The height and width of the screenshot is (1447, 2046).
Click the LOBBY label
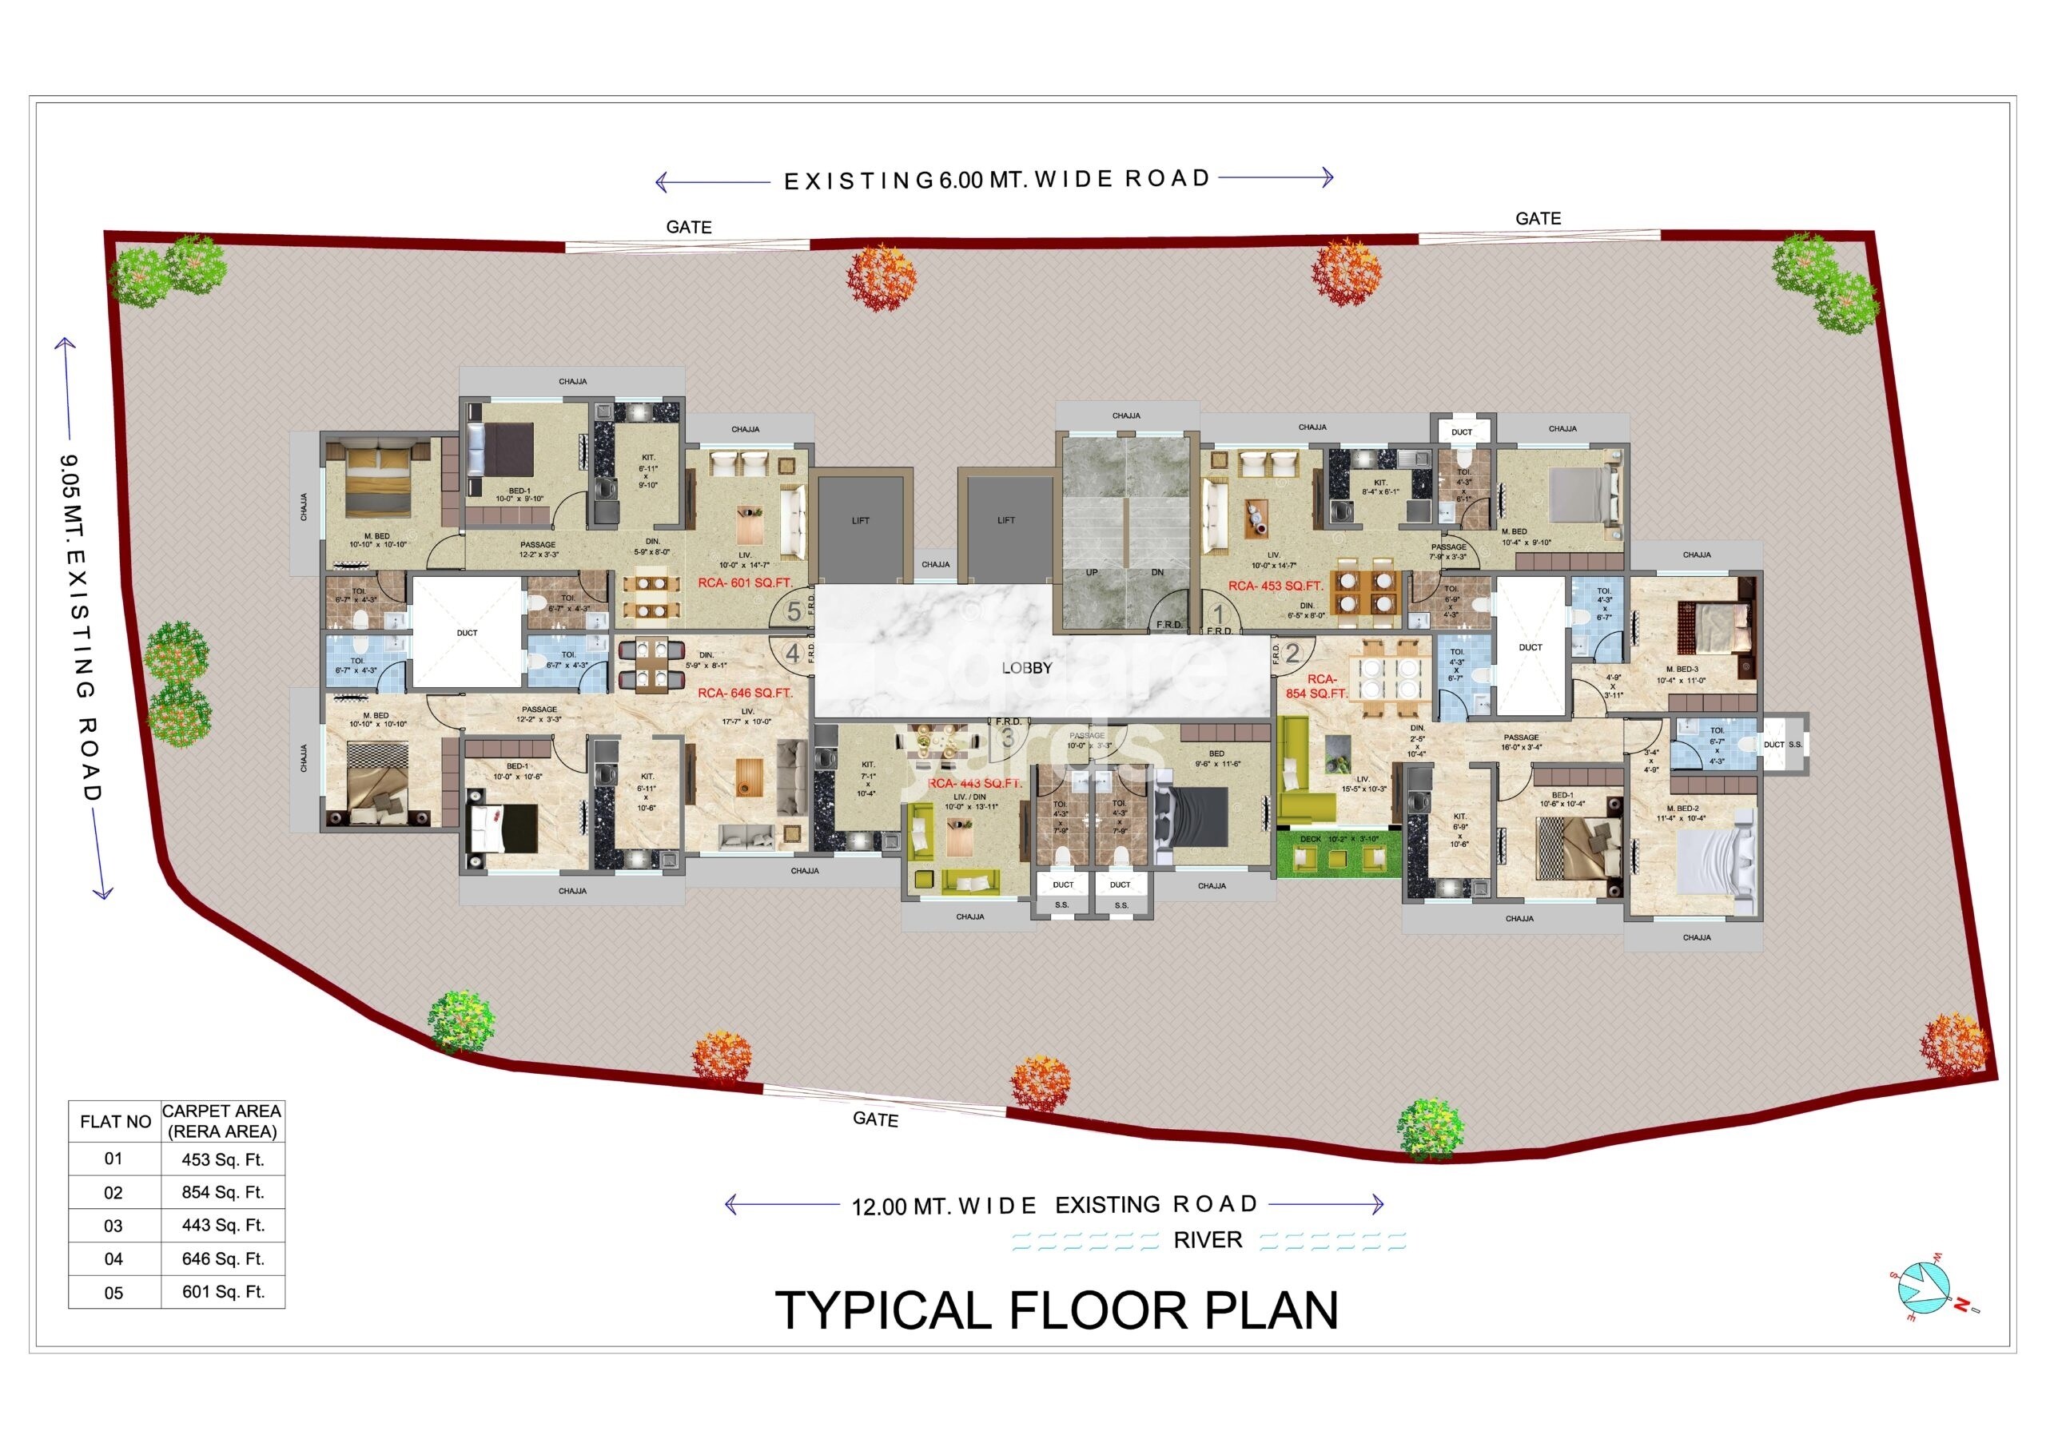(1026, 667)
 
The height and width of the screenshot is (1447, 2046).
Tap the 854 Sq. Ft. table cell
(223, 1192)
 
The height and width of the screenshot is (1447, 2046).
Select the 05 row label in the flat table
(114, 1292)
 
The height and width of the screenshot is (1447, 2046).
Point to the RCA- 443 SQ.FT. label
(975, 783)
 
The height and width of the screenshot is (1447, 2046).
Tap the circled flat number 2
(1292, 653)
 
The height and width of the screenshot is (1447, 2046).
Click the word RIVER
(1208, 1240)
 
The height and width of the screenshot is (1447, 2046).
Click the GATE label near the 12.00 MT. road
(875, 1119)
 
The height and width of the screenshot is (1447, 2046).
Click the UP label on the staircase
(1092, 573)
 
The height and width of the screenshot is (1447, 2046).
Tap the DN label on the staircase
(1157, 573)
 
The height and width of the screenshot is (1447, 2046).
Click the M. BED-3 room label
(1682, 669)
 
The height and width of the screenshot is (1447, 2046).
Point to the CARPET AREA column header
(222, 1121)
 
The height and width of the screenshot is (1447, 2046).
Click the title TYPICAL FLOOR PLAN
(1057, 1310)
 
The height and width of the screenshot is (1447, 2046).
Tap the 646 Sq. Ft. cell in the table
(223, 1258)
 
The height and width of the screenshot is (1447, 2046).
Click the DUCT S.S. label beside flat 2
(1783, 744)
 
